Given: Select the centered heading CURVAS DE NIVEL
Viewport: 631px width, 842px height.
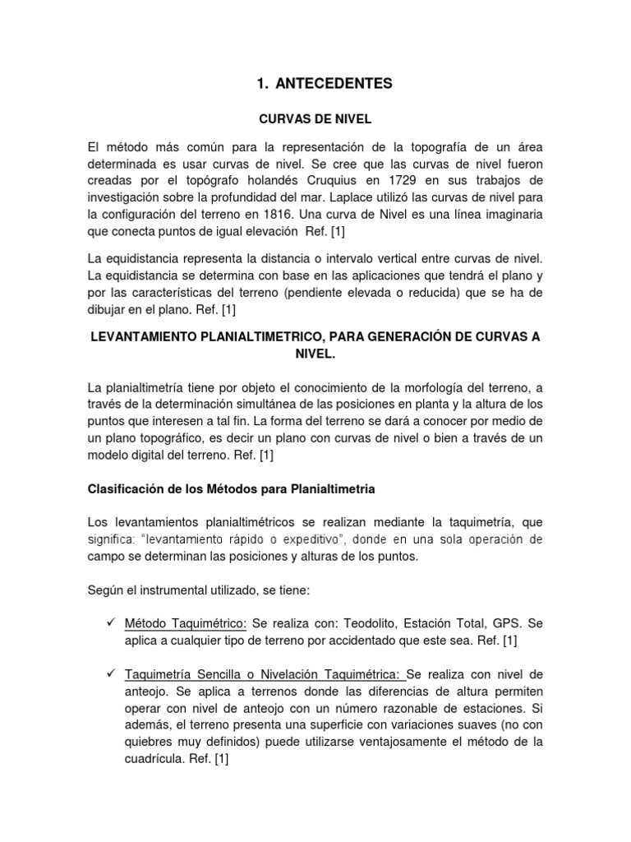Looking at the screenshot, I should pyautogui.click(x=315, y=120).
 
